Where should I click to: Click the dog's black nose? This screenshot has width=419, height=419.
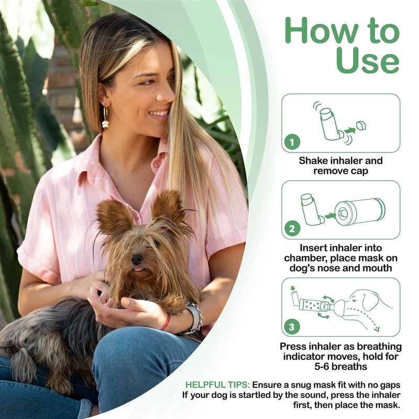[x=137, y=259]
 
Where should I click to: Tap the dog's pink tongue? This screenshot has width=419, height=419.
[x=138, y=268]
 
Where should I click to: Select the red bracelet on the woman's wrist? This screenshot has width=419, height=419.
[x=166, y=322]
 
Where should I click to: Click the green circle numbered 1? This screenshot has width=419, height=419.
[x=292, y=142]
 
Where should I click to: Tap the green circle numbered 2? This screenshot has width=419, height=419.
[x=292, y=228]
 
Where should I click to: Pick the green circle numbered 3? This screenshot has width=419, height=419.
[x=292, y=326]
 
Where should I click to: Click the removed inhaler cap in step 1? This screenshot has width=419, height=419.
[x=361, y=126]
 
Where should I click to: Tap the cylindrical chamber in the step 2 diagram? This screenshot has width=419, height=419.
[x=360, y=212]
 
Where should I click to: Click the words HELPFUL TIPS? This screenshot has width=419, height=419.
[x=218, y=385]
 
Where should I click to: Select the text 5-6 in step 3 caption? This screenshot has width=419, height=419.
[x=323, y=366]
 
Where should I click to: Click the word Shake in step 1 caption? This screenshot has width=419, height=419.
[x=313, y=161]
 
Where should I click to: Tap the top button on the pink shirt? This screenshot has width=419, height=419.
[x=157, y=163]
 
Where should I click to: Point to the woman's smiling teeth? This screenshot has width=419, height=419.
[x=160, y=113]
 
